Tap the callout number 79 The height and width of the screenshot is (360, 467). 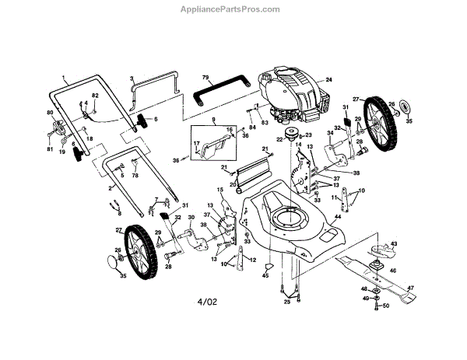(x=205, y=77)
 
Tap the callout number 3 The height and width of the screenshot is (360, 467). (x=132, y=79)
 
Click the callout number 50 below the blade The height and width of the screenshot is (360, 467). (x=387, y=306)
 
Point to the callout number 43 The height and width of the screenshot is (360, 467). (x=394, y=243)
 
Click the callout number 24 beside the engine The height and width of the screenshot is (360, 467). (x=328, y=80)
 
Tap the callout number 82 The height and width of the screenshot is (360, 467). (x=95, y=95)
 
